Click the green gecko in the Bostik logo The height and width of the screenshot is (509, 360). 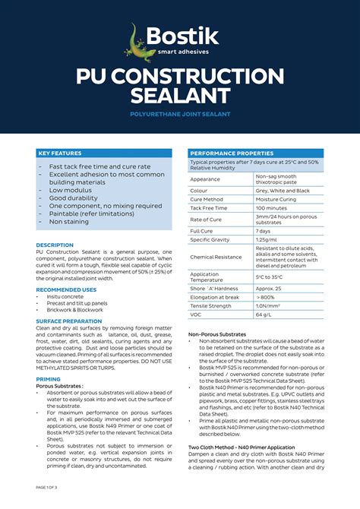(x=139, y=42)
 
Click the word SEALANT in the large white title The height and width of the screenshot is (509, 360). (x=180, y=96)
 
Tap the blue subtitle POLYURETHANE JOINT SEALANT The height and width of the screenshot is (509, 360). (x=180, y=114)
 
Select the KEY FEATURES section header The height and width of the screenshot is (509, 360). (x=60, y=153)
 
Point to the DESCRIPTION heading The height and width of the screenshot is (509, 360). (x=55, y=245)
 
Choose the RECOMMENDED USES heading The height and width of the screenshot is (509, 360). (x=66, y=289)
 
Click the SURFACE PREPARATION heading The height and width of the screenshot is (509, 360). (x=68, y=321)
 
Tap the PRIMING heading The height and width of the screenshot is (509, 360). (x=48, y=379)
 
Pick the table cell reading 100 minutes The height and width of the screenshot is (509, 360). (x=271, y=207)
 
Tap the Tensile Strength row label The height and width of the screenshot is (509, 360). (x=211, y=305)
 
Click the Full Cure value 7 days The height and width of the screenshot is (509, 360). (x=264, y=231)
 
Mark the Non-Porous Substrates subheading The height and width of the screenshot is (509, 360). (x=217, y=334)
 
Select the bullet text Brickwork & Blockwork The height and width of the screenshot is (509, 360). (x=75, y=310)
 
